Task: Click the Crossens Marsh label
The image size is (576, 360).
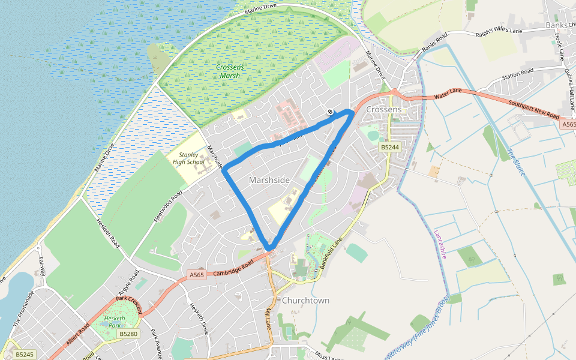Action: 230,71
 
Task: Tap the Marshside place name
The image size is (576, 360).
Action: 269,180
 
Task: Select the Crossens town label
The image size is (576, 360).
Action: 383,110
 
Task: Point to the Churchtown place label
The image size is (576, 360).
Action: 305,300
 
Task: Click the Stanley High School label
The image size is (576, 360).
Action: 188,158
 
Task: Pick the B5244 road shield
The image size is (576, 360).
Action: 389,147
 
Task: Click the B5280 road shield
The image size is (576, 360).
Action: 128,334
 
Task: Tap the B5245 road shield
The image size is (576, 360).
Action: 25,355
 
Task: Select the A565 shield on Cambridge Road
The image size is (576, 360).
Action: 197,275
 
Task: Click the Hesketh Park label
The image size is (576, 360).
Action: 114,322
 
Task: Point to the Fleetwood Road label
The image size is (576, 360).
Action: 167,206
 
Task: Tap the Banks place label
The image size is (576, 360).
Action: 557,25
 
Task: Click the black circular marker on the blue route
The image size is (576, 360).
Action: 330,112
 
